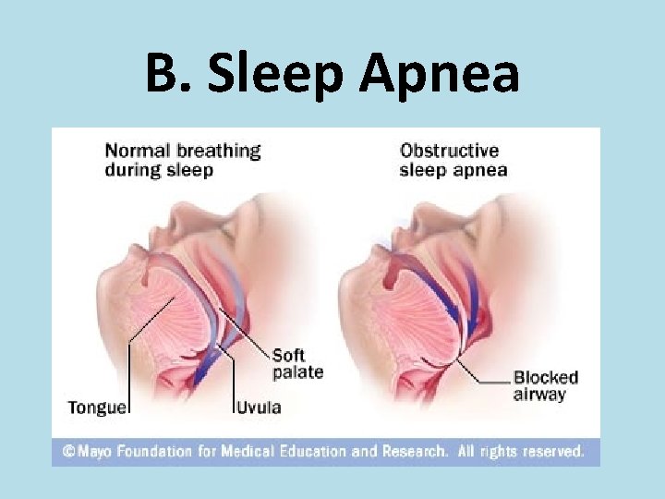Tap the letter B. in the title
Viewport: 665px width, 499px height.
[x=170, y=73]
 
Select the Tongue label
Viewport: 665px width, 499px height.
[x=98, y=407]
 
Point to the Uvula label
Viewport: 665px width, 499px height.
[x=259, y=407]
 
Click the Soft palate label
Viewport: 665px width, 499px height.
[x=296, y=363]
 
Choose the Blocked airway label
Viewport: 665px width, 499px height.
[x=545, y=385]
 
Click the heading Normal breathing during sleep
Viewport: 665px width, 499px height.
[x=182, y=159]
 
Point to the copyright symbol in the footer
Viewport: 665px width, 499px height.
[x=68, y=452]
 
